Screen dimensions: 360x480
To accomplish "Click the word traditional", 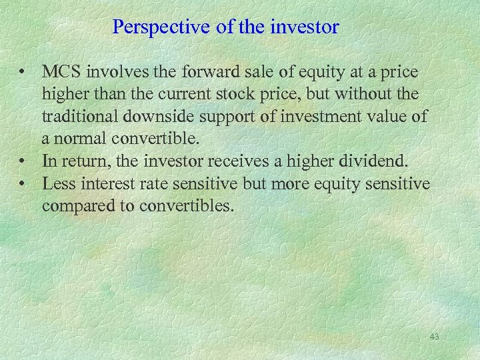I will pos(79,116).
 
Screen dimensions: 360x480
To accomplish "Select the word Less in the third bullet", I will pos(57,184).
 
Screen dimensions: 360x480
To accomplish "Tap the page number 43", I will pos(434,337).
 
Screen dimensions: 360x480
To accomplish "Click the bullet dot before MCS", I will pos(23,71).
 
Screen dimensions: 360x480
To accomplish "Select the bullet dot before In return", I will pos(23,162).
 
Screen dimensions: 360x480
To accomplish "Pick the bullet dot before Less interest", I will pos(23,185).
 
